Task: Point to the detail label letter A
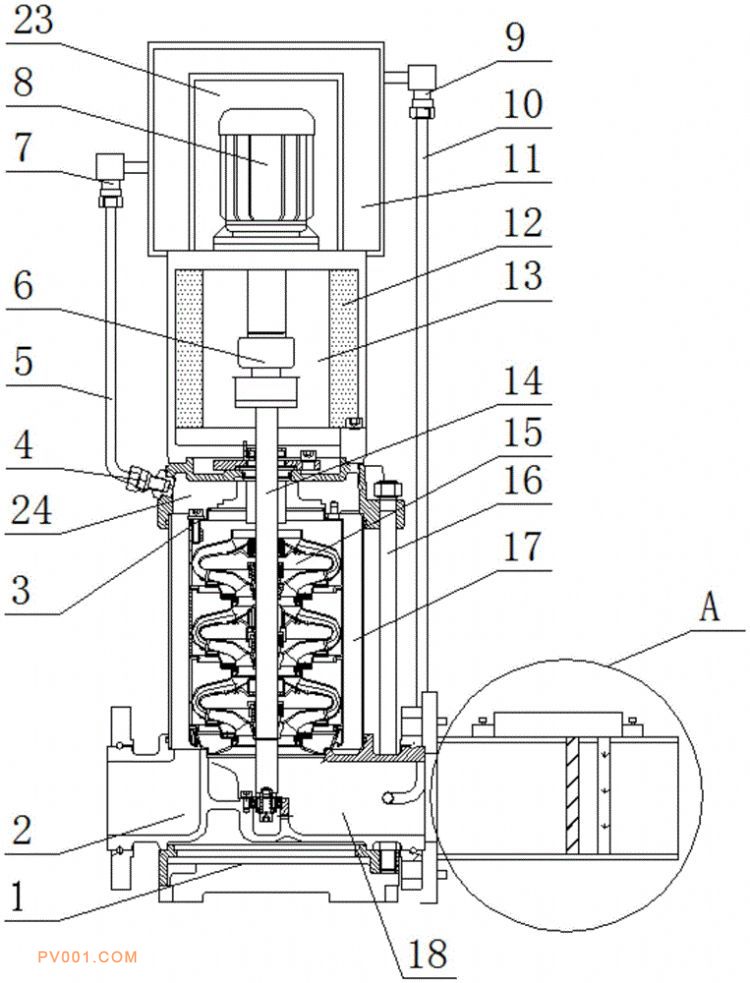click(x=708, y=607)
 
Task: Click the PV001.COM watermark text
click(x=87, y=956)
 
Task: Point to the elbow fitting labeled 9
click(x=420, y=79)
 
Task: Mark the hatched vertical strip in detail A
click(x=571, y=795)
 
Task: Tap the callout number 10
click(x=524, y=104)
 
